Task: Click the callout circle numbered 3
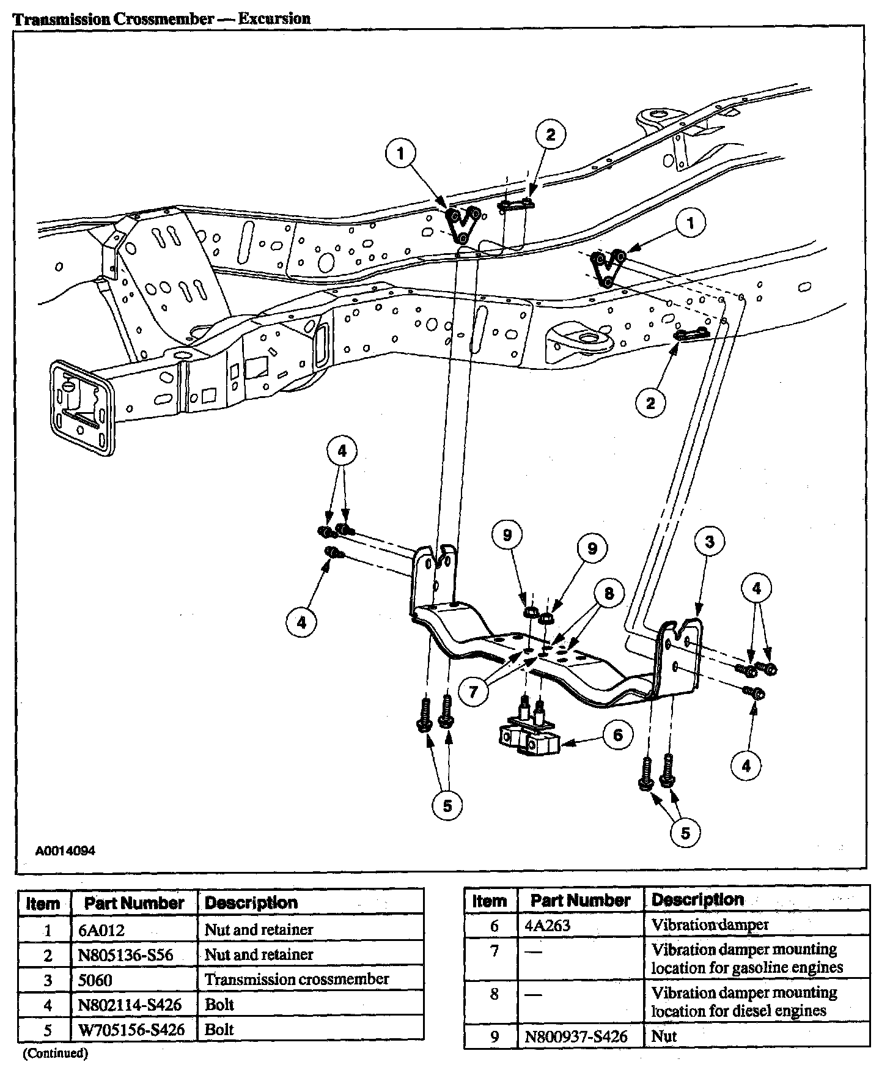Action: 709,542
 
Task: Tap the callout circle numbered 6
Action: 618,734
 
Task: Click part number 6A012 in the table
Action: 102,930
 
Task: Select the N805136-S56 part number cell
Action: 126,955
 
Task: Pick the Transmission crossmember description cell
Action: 296,980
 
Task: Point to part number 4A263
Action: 547,925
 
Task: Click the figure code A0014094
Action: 65,851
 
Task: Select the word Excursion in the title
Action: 274,18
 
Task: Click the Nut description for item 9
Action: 664,1037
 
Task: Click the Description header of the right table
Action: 697,899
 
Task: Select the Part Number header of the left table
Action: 134,903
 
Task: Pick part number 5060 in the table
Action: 95,980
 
